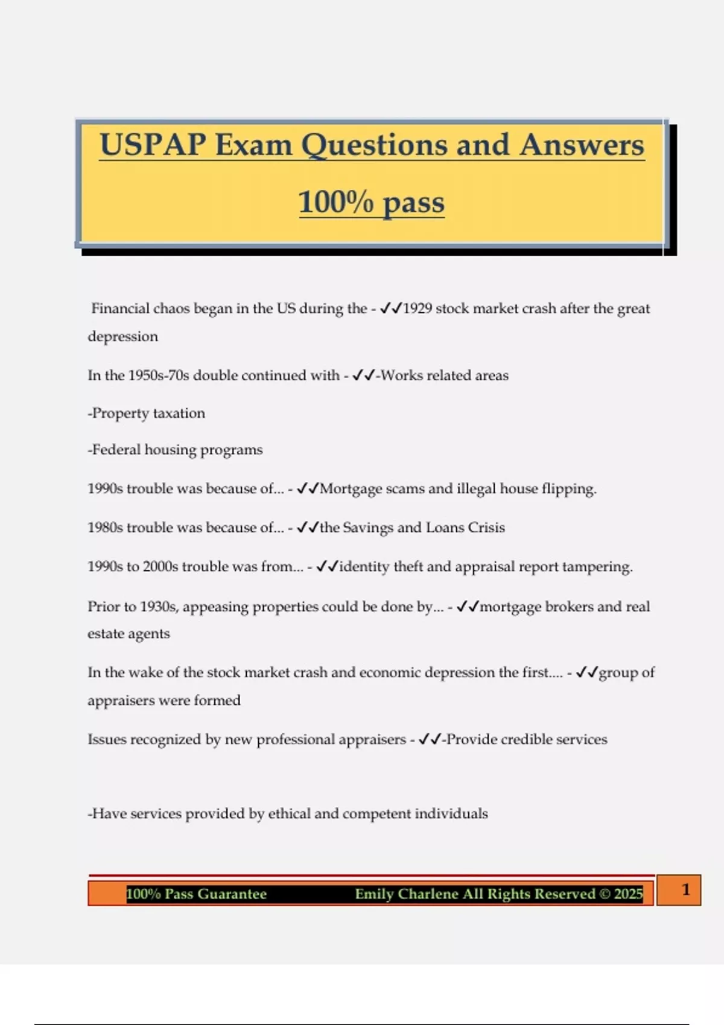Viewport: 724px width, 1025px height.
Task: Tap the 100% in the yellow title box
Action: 336,202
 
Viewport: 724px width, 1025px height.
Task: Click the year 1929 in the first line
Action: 417,309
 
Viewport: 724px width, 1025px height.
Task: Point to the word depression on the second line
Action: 122,336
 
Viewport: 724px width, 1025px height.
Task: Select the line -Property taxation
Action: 146,414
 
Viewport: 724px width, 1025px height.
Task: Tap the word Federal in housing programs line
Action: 116,450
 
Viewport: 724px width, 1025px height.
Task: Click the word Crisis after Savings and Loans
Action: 486,528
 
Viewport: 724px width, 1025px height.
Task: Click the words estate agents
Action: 129,634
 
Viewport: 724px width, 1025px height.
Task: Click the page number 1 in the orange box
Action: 685,890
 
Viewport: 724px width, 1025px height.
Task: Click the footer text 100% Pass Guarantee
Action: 196,894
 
